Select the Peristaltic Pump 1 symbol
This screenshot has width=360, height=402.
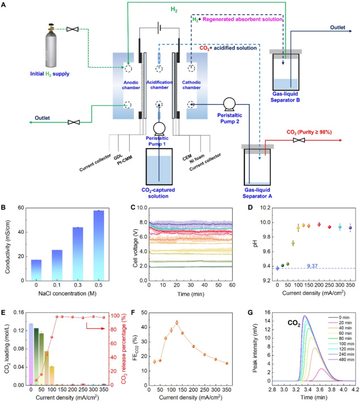pos(159,130)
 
